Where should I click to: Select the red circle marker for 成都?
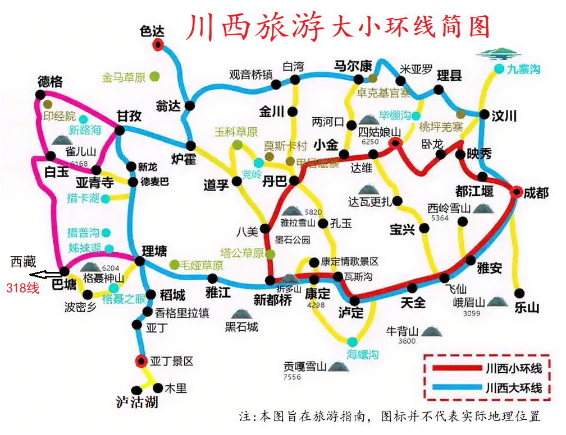click(517, 192)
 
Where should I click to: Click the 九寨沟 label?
click(523, 70)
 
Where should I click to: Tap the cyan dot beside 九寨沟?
click(499, 70)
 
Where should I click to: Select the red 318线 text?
click(23, 289)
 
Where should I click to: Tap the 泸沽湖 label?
click(137, 402)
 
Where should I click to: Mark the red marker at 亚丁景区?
click(140, 361)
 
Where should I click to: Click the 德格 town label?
click(50, 82)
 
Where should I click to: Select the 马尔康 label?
click(353, 66)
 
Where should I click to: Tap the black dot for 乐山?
click(519, 293)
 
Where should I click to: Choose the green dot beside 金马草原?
click(154, 77)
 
